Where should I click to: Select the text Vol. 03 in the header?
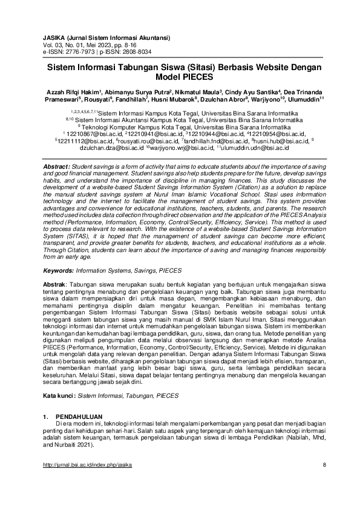tap(53, 45)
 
